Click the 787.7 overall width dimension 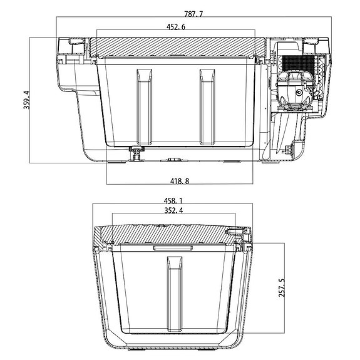[193, 14]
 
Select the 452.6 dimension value [176, 27]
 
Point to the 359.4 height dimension [27, 100]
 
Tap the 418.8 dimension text [180, 181]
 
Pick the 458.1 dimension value [173, 201]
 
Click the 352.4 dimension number [174, 210]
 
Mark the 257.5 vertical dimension [282, 287]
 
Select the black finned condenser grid [297, 63]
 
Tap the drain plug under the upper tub [137, 153]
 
